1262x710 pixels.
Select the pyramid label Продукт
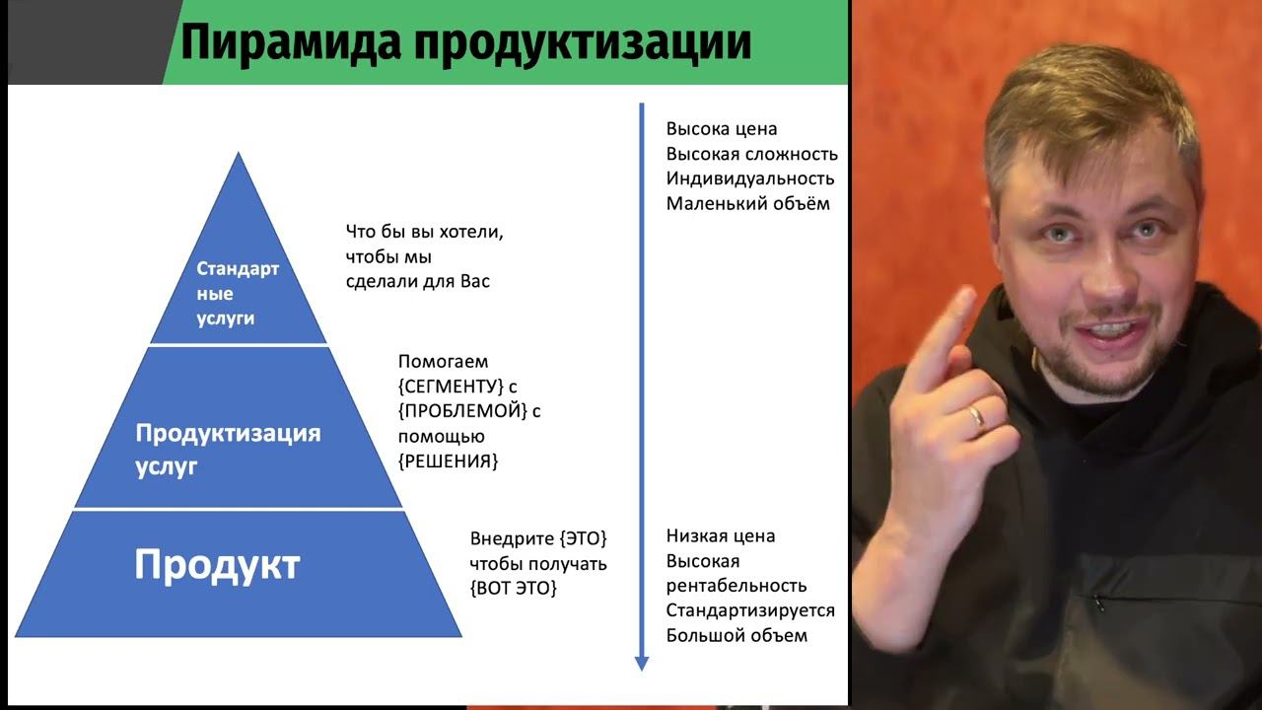217,565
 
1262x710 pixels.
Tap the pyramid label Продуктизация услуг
228,450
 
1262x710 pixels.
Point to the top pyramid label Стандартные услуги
237,294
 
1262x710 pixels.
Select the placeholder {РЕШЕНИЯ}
449,461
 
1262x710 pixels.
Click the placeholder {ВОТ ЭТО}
514,589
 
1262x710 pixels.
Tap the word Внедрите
512,539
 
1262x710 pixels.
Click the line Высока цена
722,129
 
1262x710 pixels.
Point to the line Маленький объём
747,204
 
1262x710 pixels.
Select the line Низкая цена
721,536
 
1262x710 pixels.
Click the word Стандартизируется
750,610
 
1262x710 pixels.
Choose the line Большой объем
736,635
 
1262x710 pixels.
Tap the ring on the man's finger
976,416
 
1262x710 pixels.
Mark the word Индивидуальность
750,178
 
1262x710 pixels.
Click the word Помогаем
443,362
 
